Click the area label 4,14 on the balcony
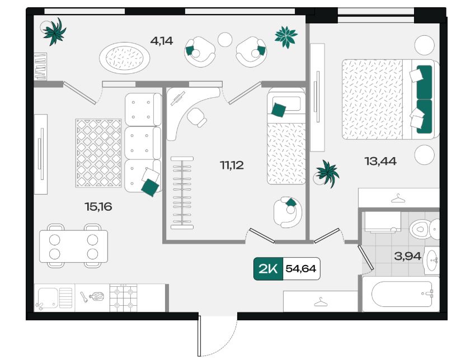click(162, 41)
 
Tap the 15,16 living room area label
click(98, 207)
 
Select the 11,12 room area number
click(232, 165)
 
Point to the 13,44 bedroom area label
click(380, 161)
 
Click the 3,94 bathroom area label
click(407, 256)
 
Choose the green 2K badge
click(268, 269)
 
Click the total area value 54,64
click(301, 269)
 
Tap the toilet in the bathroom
click(424, 229)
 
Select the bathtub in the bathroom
click(401, 293)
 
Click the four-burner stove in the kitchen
click(123, 298)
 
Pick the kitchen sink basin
click(48, 298)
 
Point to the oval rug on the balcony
click(125, 58)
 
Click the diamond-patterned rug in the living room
click(98, 153)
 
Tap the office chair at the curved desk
click(197, 117)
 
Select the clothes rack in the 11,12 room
click(182, 193)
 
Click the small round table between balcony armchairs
click(225, 39)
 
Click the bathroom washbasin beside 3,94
click(431, 260)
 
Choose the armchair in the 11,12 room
click(288, 212)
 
